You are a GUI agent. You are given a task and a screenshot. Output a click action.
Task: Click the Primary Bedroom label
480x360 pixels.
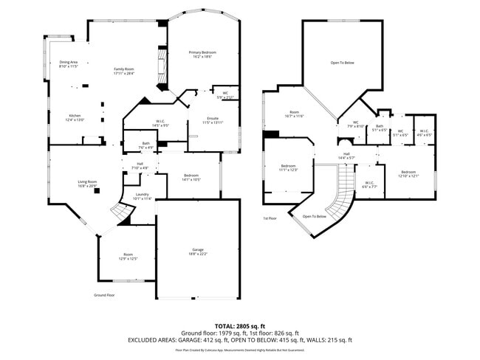point(202,53)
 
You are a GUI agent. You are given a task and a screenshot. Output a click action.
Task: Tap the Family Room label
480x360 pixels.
point(123,69)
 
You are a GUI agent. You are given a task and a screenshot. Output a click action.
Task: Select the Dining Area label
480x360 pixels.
point(68,63)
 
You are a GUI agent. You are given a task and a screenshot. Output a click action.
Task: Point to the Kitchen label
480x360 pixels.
point(75,117)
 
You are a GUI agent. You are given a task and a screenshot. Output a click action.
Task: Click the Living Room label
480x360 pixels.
point(87,181)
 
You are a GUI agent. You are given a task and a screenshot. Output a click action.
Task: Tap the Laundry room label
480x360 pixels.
point(142,195)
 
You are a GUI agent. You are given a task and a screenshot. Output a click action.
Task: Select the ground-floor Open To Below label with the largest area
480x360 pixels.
point(342,63)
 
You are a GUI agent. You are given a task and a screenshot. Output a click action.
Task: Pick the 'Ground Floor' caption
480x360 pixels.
point(104,295)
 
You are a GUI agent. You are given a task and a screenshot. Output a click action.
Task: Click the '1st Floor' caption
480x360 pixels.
point(270,218)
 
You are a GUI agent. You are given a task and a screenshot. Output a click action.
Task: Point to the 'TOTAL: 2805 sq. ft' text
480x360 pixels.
point(241,325)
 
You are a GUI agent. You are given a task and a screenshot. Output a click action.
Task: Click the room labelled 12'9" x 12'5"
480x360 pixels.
point(128,257)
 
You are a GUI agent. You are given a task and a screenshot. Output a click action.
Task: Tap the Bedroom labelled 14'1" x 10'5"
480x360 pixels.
point(191,177)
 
